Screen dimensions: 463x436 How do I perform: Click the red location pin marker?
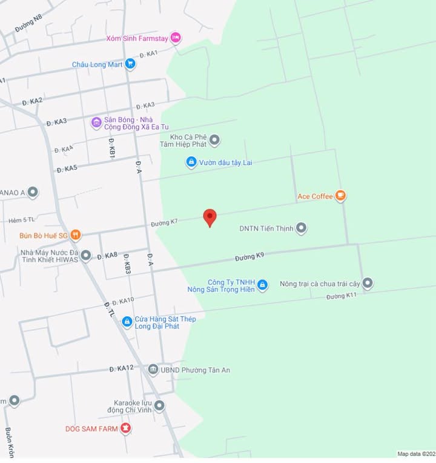tap(210, 217)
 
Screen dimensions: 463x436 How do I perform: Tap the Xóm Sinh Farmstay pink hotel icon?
tap(176, 38)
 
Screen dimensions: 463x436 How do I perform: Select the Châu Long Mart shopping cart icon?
tap(130, 64)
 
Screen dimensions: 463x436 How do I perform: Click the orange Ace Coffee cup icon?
tap(341, 196)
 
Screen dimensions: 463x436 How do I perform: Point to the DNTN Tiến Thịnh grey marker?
tap(301, 228)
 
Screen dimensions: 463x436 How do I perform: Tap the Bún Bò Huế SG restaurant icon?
tap(75, 235)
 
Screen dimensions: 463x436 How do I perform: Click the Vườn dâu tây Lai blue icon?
tap(191, 162)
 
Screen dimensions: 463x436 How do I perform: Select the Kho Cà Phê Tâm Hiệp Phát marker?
tap(214, 141)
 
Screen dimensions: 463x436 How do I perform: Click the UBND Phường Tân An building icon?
tap(153, 370)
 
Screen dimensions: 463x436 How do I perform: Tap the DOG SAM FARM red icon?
tap(125, 429)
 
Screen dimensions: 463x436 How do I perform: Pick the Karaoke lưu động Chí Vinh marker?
tap(159, 406)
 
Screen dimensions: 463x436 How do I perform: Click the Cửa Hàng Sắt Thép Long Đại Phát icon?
tap(127, 322)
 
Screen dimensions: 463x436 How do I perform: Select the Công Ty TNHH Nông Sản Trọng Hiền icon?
tap(262, 285)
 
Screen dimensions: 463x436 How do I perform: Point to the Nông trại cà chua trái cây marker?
tap(368, 283)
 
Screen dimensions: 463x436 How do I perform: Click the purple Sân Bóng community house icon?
tap(96, 123)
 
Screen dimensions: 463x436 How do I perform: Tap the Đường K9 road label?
tap(249, 257)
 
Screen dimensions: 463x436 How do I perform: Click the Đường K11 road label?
tap(342, 296)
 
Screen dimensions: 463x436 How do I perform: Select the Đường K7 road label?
tap(164, 222)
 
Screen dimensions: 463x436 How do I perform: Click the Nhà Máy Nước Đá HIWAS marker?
tap(86, 256)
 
